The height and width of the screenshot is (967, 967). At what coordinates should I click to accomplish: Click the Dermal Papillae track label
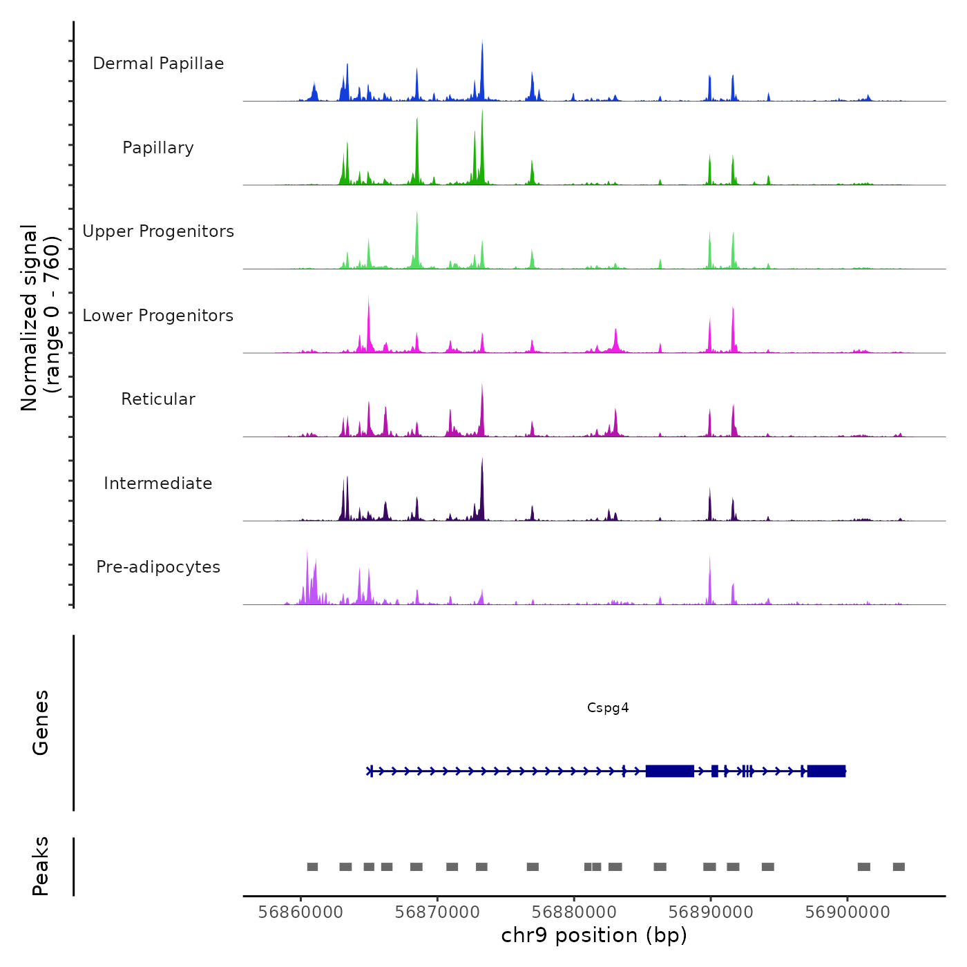point(158,64)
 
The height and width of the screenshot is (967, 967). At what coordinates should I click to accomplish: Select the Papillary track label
point(158,148)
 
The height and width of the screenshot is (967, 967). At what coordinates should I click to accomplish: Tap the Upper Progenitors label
point(158,231)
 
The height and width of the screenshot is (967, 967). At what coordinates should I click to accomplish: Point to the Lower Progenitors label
point(158,316)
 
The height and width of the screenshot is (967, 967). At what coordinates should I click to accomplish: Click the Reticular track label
point(158,399)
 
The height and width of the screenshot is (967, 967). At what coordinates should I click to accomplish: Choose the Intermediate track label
point(158,483)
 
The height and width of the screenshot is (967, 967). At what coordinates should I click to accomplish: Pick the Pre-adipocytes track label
point(158,567)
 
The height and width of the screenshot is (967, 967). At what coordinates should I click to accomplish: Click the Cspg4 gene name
point(608,707)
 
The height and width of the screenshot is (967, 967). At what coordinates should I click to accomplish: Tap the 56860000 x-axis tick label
point(300,912)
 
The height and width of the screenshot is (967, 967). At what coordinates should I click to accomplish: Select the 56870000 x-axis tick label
point(437,912)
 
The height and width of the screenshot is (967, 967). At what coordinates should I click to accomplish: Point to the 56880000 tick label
point(574,912)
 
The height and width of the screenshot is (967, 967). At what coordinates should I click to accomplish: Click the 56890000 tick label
point(711,912)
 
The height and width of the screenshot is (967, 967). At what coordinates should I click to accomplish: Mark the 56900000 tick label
point(848,912)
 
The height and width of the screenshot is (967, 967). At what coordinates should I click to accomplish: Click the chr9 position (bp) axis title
point(594,935)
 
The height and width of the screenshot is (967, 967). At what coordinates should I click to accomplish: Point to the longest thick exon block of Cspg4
point(669,771)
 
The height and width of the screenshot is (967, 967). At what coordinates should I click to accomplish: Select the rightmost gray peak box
point(899,867)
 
